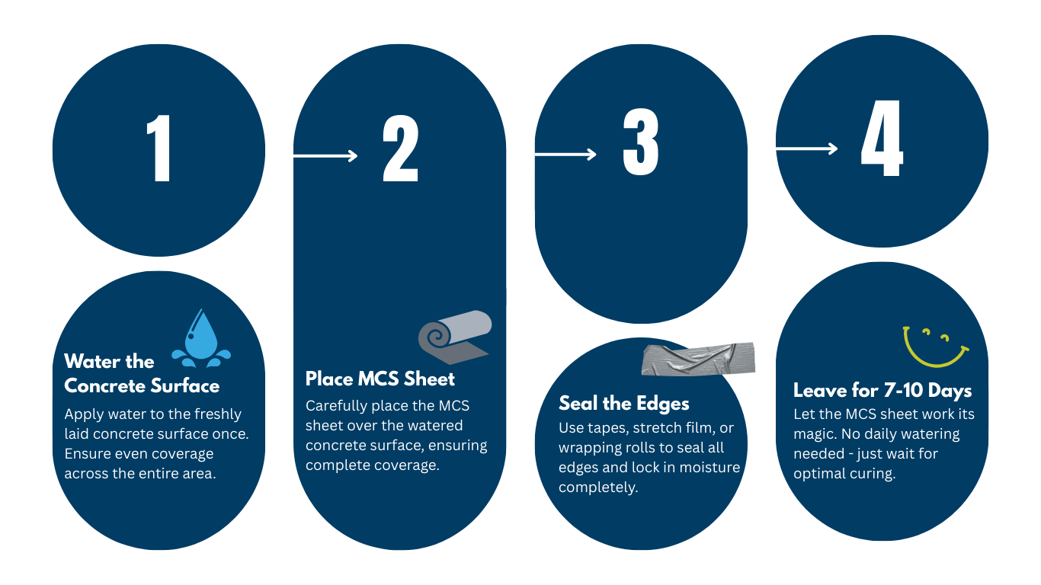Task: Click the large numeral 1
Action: pyautogui.click(x=160, y=148)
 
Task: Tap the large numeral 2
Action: pyautogui.click(x=400, y=148)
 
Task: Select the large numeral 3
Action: pyautogui.click(x=641, y=142)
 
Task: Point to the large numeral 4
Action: pyautogui.click(x=882, y=138)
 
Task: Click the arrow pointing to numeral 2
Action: pyautogui.click(x=325, y=155)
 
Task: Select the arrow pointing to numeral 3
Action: pyautogui.click(x=565, y=154)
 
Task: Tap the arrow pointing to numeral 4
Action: pyautogui.click(x=807, y=149)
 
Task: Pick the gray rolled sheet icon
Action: pyautogui.click(x=454, y=337)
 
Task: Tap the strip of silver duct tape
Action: pyautogui.click(x=698, y=359)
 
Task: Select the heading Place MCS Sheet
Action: pyautogui.click(x=380, y=379)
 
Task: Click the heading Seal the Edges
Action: pyautogui.click(x=623, y=403)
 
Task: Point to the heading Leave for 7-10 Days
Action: pyautogui.click(x=882, y=390)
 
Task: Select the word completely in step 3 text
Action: pyautogui.click(x=598, y=488)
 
